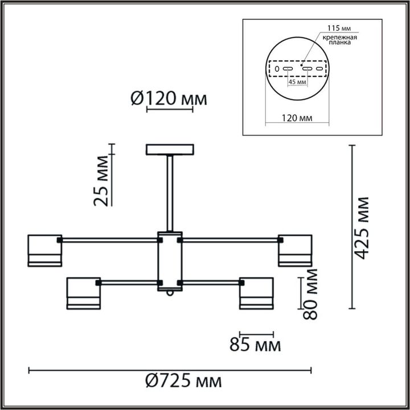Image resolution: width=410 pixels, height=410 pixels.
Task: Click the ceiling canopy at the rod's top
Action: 170,150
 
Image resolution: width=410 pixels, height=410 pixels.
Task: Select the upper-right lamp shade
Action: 295,251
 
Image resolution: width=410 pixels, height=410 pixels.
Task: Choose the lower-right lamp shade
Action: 256,293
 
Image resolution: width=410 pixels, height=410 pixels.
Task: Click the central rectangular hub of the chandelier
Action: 170,261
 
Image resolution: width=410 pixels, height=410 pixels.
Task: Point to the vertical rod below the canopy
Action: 170,194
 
